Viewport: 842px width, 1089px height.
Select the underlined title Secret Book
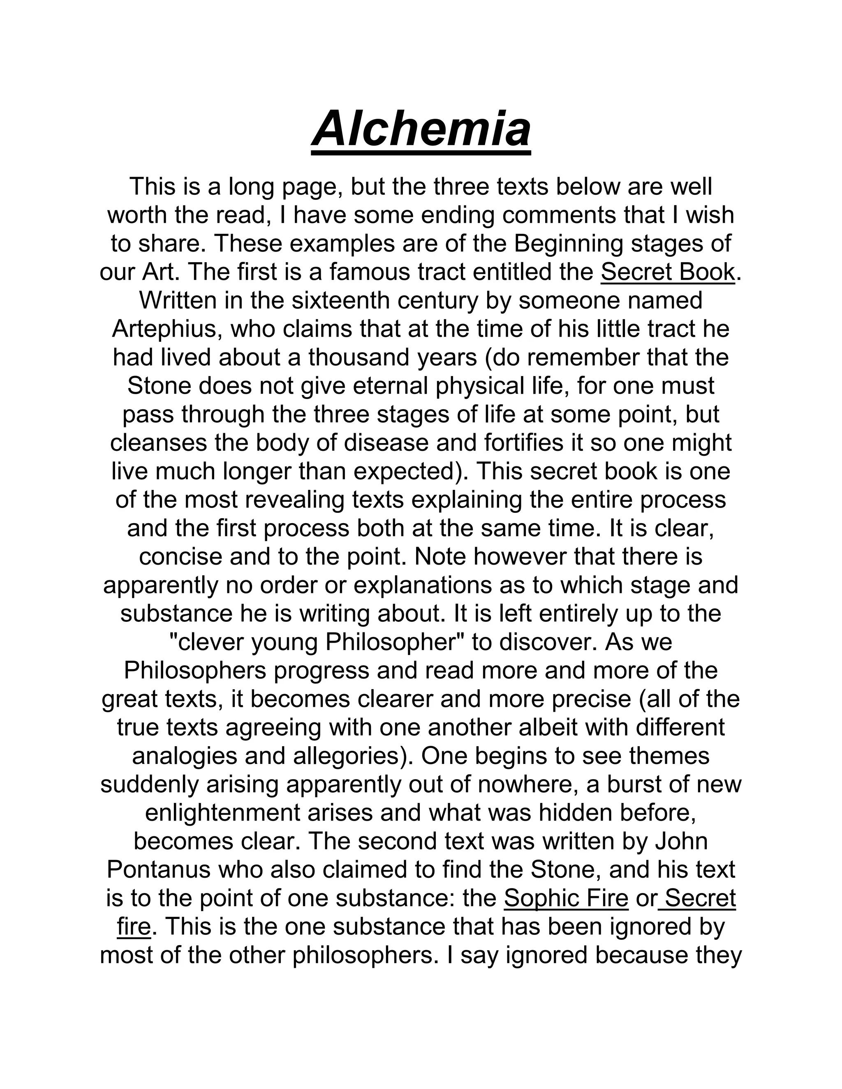coord(667,272)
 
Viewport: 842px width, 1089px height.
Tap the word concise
coord(180,557)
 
